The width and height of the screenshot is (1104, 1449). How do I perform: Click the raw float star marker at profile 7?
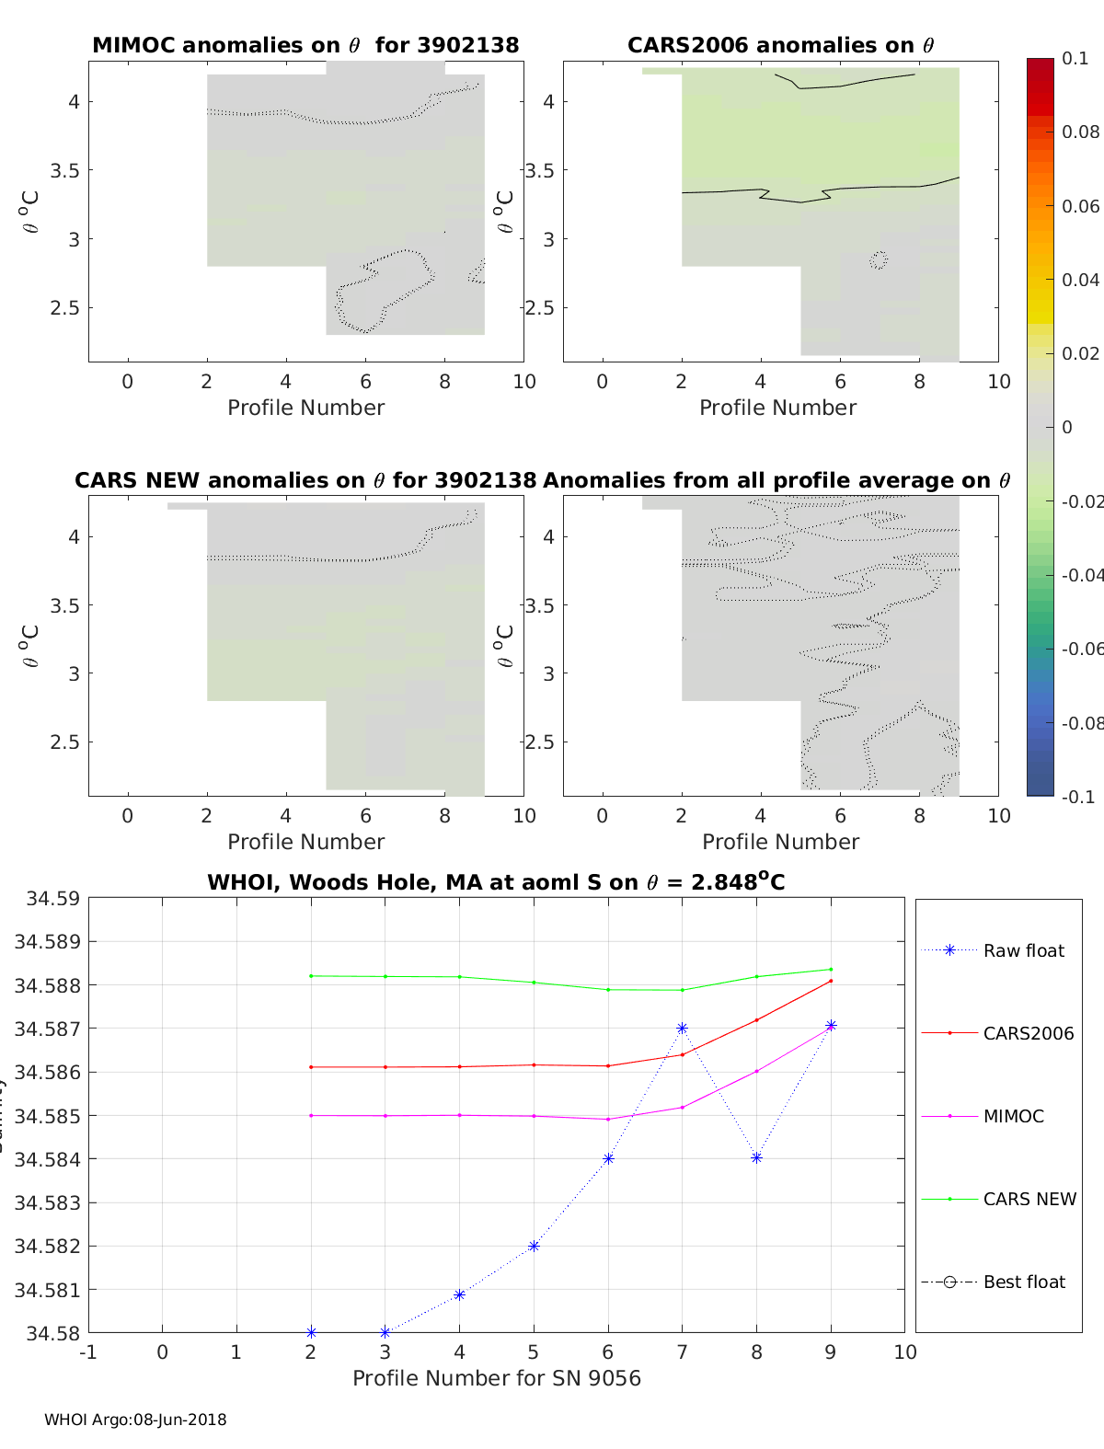click(x=682, y=1028)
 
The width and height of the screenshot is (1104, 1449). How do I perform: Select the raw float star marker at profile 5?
click(x=534, y=1246)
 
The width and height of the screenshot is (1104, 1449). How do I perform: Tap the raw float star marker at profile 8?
click(x=756, y=1157)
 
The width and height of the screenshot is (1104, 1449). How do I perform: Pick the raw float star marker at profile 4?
click(x=459, y=1294)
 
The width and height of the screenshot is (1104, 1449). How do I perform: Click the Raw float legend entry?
click(x=1023, y=950)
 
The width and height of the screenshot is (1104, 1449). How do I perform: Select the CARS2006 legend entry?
click(x=1028, y=1033)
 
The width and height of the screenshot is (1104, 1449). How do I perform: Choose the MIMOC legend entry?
click(x=1013, y=1116)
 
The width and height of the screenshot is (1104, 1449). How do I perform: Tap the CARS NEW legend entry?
click(x=1029, y=1199)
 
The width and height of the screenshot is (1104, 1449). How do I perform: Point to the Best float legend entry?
click(x=1024, y=1282)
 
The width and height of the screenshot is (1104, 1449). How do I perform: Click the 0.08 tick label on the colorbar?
click(x=1080, y=132)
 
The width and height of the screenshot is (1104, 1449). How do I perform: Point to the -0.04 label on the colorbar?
click(x=1082, y=575)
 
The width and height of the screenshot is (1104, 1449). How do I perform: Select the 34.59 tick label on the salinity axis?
click(x=52, y=898)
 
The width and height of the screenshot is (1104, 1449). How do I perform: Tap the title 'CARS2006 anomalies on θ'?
click(x=780, y=45)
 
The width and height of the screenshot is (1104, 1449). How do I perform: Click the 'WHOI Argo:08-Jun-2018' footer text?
click(x=135, y=1420)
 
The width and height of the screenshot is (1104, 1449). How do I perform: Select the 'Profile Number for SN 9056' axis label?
click(x=497, y=1377)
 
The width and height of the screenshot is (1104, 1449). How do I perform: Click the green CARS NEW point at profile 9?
click(x=831, y=969)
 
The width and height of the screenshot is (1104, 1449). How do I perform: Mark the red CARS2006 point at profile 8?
click(x=756, y=1019)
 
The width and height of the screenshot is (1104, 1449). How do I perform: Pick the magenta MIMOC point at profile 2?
click(x=311, y=1115)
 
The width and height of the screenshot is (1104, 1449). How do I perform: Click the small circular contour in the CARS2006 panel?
click(x=879, y=260)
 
